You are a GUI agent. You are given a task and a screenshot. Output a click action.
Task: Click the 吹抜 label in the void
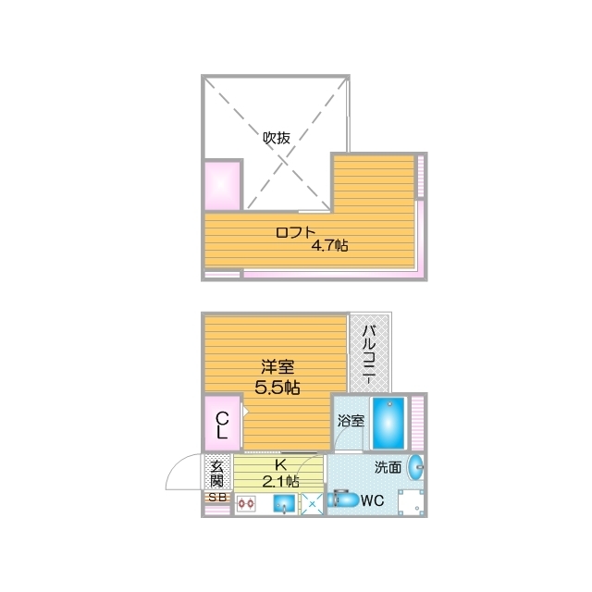pyautogui.click(x=277, y=138)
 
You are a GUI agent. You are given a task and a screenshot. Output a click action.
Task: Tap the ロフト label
pyautogui.click(x=296, y=232)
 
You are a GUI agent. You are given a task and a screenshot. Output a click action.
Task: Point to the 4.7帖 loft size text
pyautogui.click(x=328, y=246)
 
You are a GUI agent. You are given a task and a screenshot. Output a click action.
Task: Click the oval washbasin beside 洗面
pyautogui.click(x=415, y=467)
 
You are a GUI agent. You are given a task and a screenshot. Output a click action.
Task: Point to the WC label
pyautogui.click(x=373, y=502)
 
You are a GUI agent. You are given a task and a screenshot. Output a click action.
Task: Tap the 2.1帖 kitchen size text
pyautogui.click(x=279, y=481)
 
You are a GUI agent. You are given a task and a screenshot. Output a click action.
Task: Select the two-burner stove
pyautogui.click(x=247, y=504)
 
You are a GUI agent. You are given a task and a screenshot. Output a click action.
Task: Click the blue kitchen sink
pyautogui.click(x=285, y=504)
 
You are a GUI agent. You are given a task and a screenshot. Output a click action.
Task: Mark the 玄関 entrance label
pyautogui.click(x=216, y=473)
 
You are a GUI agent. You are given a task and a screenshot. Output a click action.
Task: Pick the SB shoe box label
pyautogui.click(x=216, y=497)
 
